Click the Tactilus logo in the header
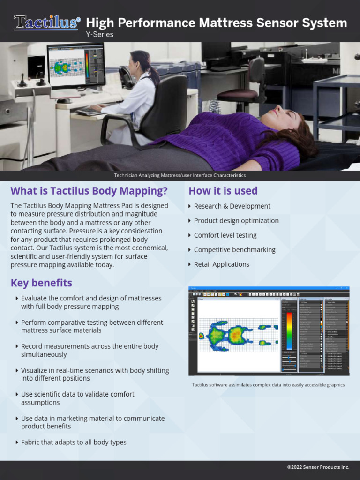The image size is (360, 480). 47,22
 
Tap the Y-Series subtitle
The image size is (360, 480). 99,34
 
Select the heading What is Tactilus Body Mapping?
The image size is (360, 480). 89,191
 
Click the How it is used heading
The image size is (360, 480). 223,191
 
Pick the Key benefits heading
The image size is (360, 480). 41,283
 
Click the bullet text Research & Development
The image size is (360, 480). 232,206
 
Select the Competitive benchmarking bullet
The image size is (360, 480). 234,250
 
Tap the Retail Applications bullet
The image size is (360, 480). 221,264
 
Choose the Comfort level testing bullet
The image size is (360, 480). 225,235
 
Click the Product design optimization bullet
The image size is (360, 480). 236,220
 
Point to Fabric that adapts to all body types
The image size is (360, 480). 74,442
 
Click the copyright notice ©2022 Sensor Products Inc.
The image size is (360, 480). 318,467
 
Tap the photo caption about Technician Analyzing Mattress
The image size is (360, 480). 180,175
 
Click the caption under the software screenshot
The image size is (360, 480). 268,385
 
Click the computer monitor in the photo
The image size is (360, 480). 76,66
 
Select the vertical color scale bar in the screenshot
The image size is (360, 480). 289,331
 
